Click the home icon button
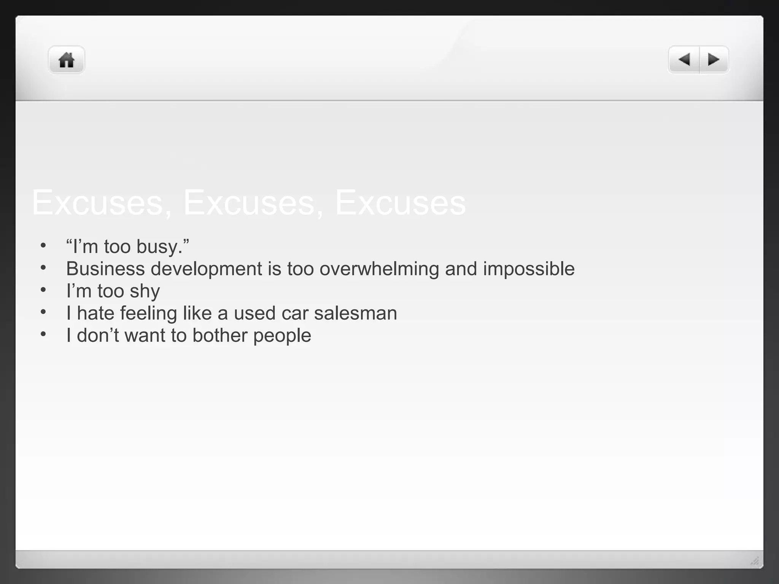[66, 60]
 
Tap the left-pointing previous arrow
[684, 60]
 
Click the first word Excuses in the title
[98, 203]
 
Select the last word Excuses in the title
[400, 203]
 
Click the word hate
[95, 313]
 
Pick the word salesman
[356, 313]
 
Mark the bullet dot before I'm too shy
[43, 290]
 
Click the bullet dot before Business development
[43, 268]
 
